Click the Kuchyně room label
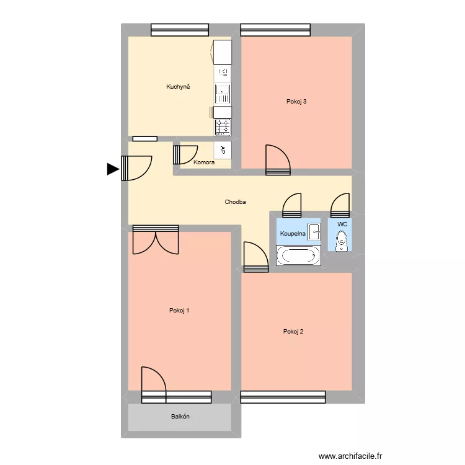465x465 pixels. click(177, 87)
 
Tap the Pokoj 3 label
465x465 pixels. click(296, 102)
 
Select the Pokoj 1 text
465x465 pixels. click(179, 311)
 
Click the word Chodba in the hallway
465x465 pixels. click(235, 202)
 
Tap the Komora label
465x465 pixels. click(204, 163)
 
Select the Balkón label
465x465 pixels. click(180, 417)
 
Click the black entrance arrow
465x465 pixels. click(113, 169)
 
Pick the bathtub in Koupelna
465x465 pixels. click(298, 256)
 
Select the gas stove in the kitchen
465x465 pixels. click(223, 127)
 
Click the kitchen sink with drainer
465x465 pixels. click(223, 94)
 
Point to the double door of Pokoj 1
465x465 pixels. click(156, 239)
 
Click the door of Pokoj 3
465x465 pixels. click(278, 159)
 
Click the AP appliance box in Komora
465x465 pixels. click(223, 149)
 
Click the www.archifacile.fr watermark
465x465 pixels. click(351, 456)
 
